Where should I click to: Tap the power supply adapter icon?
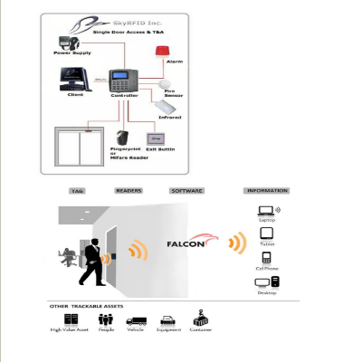65,43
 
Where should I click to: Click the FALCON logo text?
186,243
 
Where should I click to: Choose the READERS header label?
129,191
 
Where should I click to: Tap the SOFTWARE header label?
186,191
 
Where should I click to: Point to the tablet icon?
266,233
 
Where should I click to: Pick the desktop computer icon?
267,282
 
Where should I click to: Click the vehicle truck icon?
137,320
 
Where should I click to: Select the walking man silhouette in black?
91,262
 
